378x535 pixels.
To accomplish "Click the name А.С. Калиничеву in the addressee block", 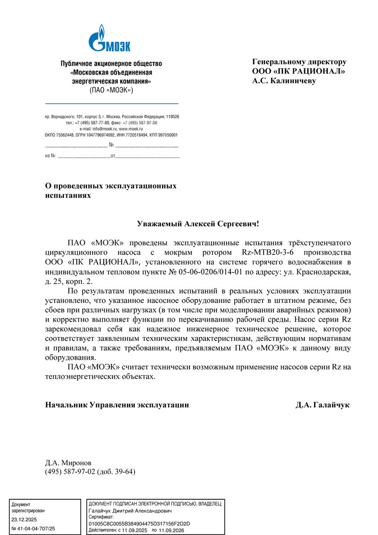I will pyautogui.click(x=284, y=81).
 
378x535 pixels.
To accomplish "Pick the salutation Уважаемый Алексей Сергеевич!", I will pyautogui.click(x=198, y=224).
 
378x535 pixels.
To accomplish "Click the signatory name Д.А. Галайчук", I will pyautogui.click(x=322, y=405).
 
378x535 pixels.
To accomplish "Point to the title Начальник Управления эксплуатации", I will pyautogui.click(x=117, y=405).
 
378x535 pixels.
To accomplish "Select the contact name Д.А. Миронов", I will pyautogui.click(x=68, y=463).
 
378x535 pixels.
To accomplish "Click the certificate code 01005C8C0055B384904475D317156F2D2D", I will pyautogui.click(x=139, y=524).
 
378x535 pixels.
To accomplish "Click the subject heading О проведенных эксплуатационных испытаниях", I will pyautogui.click(x=111, y=191).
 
